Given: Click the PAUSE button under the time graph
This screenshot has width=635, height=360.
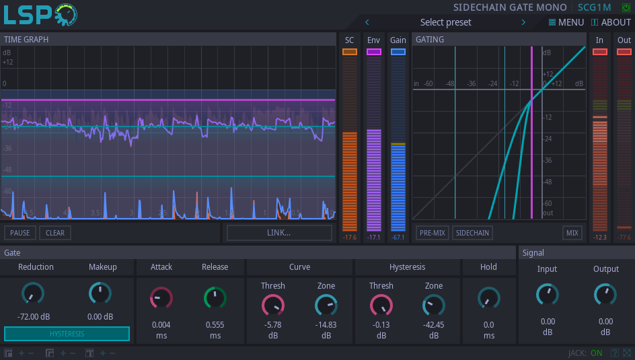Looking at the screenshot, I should coord(20,233).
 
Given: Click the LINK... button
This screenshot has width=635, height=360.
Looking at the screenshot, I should coord(279,233).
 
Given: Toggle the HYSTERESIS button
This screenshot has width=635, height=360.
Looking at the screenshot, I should coord(67,334).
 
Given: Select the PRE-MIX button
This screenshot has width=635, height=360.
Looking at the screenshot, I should coord(432,233).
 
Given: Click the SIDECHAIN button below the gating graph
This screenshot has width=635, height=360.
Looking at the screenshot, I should coord(472,233).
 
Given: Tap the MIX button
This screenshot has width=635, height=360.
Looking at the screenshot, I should coord(572,233).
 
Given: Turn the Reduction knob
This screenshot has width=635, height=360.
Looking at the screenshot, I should coord(33,293).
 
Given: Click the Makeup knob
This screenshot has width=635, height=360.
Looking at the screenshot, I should coord(100,293).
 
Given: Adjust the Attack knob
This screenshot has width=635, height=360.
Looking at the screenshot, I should coord(161,297).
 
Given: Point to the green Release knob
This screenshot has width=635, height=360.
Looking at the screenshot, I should coord(215,297).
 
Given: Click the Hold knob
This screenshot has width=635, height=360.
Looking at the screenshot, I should coord(489,297).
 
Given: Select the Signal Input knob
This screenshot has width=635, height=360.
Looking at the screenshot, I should coord(548,294).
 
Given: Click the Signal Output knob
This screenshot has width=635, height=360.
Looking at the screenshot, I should coord(605,294).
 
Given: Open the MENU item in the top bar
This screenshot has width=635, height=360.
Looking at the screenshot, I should coord(566,22).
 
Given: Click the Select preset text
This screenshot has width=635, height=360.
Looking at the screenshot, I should coord(445,22).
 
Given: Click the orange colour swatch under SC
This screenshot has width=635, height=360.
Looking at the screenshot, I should coord(350,52).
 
